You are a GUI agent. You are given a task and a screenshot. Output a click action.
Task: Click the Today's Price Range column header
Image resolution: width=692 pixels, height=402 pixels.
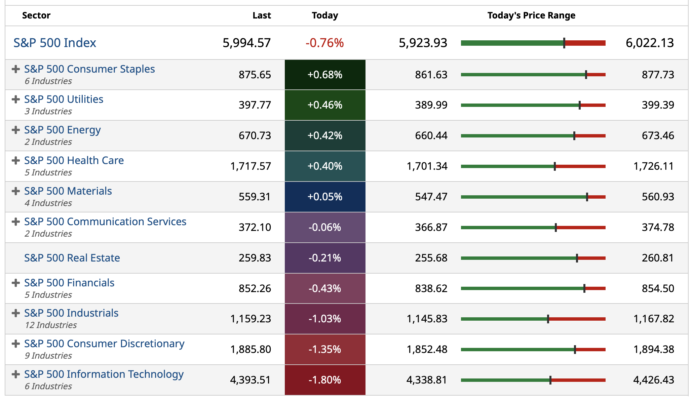[531, 15]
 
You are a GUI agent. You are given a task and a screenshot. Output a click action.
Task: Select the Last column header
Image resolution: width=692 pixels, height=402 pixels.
[262, 15]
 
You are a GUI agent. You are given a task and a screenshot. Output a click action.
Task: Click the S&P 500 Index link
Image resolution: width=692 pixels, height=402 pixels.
[55, 43]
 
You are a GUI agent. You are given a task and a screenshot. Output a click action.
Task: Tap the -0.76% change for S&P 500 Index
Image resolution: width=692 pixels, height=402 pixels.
[324, 43]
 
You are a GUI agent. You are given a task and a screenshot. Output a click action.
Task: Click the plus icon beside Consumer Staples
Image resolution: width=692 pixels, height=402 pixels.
[15, 69]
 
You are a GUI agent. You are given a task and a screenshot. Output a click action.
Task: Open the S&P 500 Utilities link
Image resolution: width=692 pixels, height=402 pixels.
[64, 99]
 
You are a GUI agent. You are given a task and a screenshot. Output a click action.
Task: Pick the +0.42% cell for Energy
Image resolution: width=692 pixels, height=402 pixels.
[325, 136]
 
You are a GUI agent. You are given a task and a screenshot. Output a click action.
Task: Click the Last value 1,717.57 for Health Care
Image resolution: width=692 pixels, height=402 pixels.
[251, 166]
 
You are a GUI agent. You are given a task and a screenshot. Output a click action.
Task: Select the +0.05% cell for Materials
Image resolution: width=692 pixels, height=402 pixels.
[325, 197]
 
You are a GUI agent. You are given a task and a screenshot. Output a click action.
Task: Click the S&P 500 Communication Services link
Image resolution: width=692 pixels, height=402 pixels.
[105, 222]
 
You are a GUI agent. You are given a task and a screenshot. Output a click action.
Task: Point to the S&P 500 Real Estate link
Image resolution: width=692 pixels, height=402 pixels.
[72, 258]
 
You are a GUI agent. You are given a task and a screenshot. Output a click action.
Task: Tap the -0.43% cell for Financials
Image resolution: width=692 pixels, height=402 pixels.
[325, 289]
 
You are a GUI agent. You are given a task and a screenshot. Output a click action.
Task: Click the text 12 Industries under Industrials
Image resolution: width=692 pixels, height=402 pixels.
[51, 325]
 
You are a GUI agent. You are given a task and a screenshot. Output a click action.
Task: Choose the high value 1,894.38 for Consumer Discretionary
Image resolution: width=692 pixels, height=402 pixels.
[654, 350]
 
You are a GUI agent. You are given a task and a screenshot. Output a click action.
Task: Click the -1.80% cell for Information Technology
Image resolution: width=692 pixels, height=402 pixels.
[325, 380]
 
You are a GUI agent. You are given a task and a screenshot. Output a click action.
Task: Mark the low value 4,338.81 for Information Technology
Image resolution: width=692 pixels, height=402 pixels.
[427, 380]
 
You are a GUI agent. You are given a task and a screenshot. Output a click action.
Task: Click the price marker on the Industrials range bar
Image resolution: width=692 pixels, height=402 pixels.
[548, 319]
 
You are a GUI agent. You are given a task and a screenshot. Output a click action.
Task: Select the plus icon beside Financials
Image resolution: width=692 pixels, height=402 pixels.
[15, 283]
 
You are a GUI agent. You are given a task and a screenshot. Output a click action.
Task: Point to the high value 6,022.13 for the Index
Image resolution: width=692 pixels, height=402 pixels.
[650, 43]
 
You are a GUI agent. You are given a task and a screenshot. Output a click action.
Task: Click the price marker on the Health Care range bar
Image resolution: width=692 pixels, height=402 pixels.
[555, 166]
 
